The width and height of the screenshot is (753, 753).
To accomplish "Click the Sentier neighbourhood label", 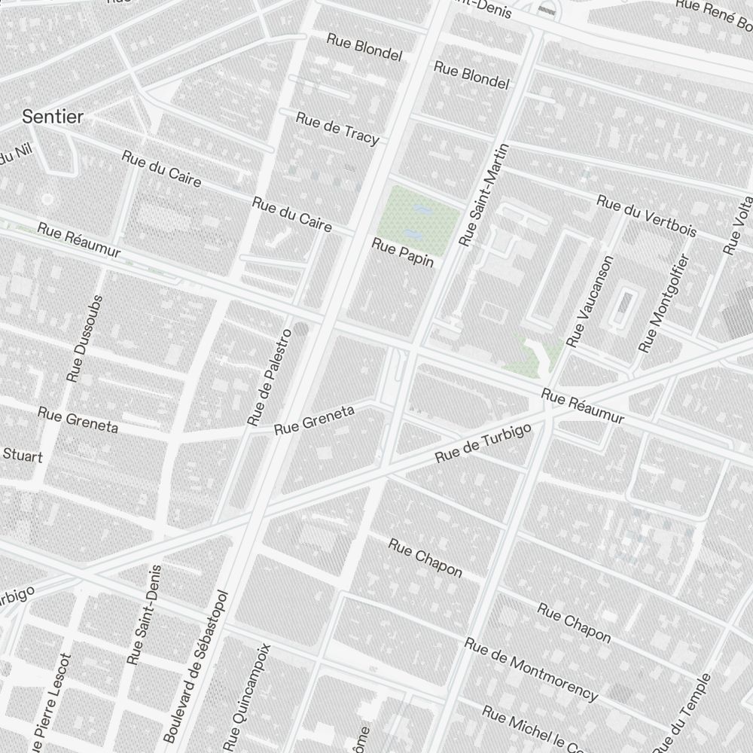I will pos(53,117).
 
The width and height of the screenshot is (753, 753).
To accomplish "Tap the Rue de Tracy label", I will pos(337,128).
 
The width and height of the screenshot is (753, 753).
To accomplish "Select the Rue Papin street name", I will pos(403,252).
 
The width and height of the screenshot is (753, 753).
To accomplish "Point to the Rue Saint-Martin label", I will pos(479,195).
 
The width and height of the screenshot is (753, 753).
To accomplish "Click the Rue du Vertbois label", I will pos(646,215).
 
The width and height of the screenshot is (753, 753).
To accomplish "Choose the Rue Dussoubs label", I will pos(84,337).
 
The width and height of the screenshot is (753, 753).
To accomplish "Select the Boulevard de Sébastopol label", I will pos(195,663).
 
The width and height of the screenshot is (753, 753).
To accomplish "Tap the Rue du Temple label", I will pos(683,712).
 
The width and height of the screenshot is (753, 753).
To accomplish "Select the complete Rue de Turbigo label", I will pos(483,444).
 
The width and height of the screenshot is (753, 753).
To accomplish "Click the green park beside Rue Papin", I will pos(418,214).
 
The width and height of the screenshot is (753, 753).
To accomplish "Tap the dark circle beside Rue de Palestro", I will pos(301,329).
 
